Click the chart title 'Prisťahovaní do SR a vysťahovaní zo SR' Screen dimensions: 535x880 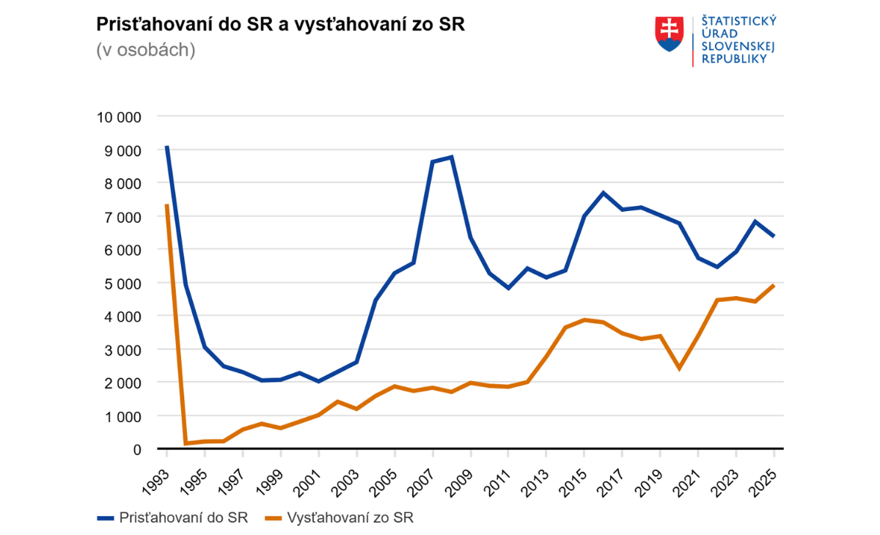pos(281,25)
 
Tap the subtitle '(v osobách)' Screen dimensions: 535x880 pos(146,51)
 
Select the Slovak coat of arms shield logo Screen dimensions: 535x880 pos(669,34)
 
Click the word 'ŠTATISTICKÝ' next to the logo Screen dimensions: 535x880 pos(739,21)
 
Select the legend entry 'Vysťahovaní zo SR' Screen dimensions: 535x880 pos(349,518)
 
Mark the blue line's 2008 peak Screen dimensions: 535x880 pos(452,157)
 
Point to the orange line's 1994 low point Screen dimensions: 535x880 pos(186,443)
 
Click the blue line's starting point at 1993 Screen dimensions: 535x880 pos(167,147)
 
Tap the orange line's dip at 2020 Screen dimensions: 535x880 pos(679,368)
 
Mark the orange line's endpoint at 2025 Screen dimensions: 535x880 pos(774,285)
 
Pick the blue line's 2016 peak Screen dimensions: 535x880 pos(603,193)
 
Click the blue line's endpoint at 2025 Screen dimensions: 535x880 pos(774,236)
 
